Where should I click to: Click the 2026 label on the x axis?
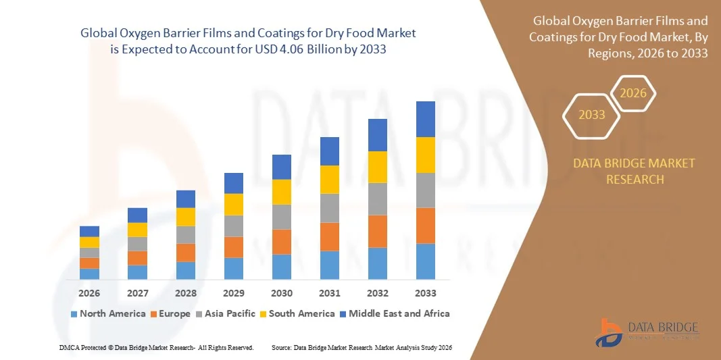[x=89, y=293]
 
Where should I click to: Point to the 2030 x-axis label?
[x=282, y=293]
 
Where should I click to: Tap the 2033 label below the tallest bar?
[x=426, y=293]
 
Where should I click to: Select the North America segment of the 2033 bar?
[x=426, y=261]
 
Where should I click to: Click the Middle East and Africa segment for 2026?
[x=89, y=231]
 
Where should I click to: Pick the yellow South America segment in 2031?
[x=330, y=180]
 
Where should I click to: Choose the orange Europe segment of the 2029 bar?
[x=234, y=247]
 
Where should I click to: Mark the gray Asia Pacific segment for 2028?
[x=186, y=234]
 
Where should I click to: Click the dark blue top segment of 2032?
[x=378, y=135]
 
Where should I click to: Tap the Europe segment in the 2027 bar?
[x=138, y=258]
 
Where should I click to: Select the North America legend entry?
[x=108, y=313]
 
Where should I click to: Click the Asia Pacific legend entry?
[x=226, y=313]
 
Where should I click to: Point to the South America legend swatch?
[x=264, y=314]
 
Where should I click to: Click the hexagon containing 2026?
[x=633, y=94]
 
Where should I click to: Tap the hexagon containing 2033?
[x=592, y=115]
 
